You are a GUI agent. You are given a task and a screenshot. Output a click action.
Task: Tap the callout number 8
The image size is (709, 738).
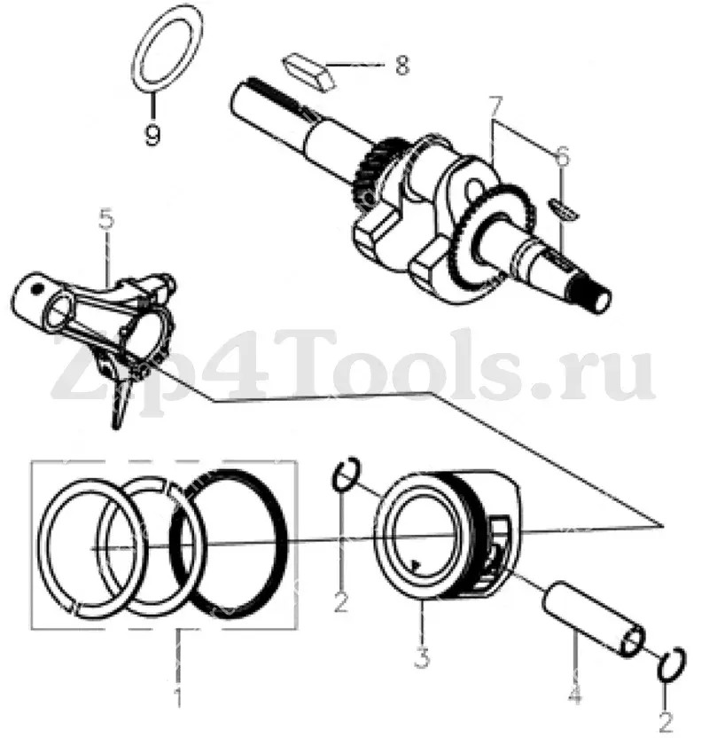coord(401,65)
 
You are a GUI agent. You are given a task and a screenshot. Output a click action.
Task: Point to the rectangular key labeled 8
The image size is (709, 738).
coord(309,73)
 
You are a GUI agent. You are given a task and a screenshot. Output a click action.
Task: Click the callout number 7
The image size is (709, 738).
coord(496,108)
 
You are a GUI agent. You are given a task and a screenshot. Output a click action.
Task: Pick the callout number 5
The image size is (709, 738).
coord(106,221)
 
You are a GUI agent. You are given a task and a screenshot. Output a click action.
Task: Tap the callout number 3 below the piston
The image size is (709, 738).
coord(422,656)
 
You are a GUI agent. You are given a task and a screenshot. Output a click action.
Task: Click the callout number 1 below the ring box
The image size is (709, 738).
coord(178,695)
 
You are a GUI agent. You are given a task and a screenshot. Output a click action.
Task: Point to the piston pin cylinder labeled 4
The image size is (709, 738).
coord(594,619)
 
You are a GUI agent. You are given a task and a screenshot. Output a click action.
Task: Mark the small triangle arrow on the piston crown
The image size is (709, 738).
coord(415,564)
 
